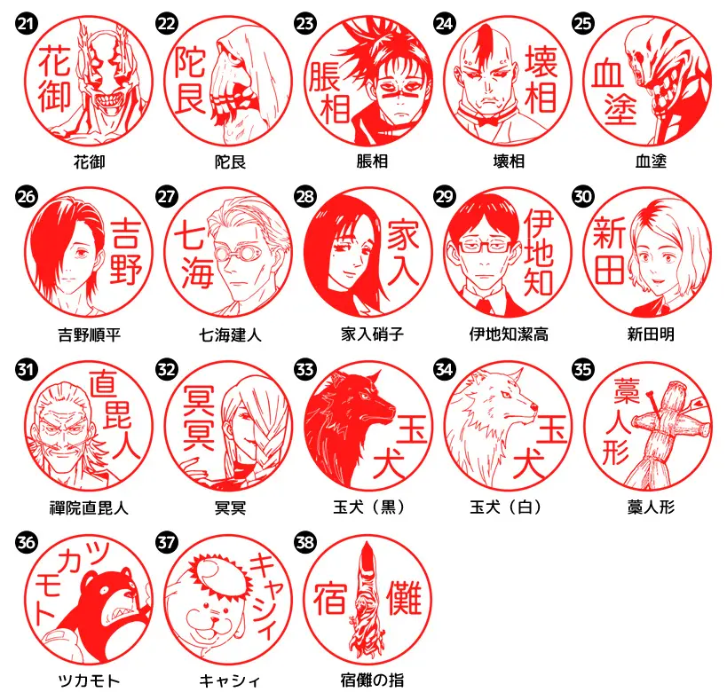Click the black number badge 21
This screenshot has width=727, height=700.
coord(27,23)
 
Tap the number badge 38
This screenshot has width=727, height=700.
coord(305,542)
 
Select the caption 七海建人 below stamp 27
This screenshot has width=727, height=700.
coord(230,334)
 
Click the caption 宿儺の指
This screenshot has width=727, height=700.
coord(372,680)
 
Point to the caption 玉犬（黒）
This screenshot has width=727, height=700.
coord(368,507)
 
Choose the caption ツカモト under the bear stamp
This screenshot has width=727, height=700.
coord(89,680)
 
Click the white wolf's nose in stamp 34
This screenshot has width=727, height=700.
coord(533,408)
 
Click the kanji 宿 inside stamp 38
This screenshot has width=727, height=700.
coord(330,599)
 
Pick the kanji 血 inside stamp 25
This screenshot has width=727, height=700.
coord(607,75)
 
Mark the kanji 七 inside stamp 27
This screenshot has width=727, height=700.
coord(189,236)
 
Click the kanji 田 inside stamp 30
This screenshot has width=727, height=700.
coord(609,269)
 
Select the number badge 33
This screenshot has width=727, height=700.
coord(305,369)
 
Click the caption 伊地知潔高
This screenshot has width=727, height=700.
coord(509,334)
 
